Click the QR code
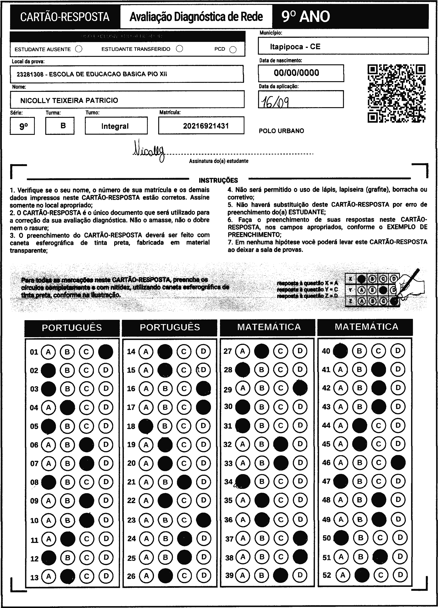[396, 93]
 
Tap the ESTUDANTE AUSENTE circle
[79, 49]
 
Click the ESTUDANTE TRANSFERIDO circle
[180, 49]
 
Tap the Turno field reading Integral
[115, 126]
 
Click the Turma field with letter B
[63, 125]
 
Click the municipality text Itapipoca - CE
[295, 47]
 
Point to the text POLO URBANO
[281, 131]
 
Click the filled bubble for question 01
[106, 352]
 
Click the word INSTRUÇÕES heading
[218, 180]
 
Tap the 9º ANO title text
[306, 17]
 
